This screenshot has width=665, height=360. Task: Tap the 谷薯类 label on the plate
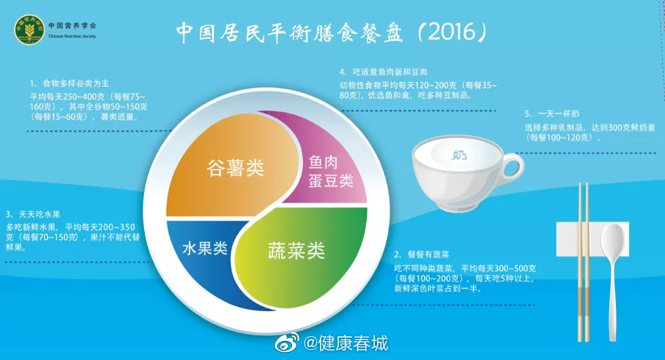pos(236,168)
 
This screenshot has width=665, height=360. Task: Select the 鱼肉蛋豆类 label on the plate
pos(331,171)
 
